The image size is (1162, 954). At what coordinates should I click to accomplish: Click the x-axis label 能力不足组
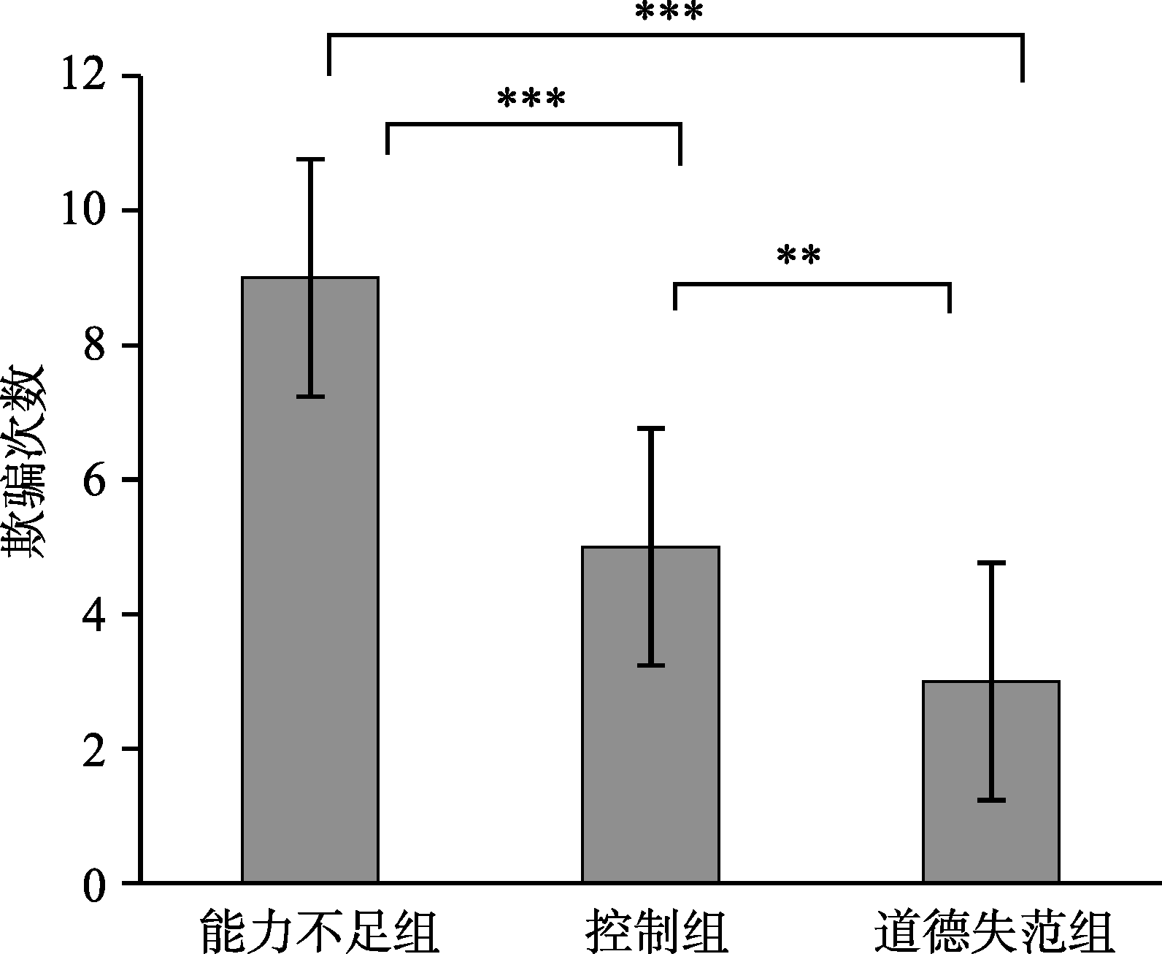point(319,931)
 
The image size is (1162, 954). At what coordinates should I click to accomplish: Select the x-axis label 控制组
point(657,931)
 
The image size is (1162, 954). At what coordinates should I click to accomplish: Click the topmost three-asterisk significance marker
point(669,12)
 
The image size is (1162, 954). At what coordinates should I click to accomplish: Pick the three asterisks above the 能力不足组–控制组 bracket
point(531,99)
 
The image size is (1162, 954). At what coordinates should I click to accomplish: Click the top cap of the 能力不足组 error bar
point(310,159)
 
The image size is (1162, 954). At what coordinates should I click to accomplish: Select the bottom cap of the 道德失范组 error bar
point(990,801)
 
